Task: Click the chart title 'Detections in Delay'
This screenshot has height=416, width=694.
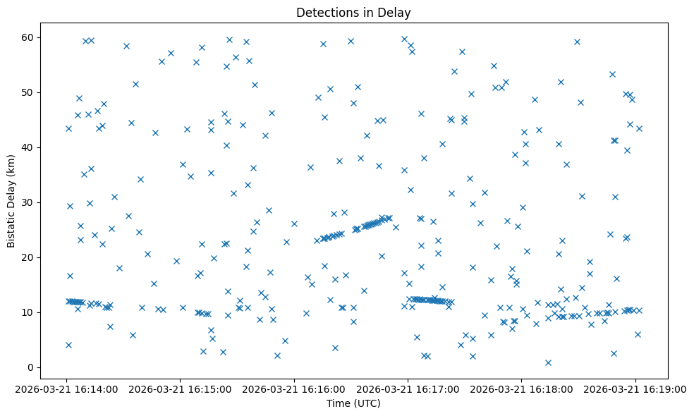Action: pos(353,12)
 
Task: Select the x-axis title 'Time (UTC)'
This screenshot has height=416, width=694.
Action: pos(353,403)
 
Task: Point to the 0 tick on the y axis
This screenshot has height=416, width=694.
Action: pos(31,367)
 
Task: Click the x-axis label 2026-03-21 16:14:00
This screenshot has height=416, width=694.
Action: pos(66,389)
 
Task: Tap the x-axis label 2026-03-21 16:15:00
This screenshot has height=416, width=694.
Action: pos(180,389)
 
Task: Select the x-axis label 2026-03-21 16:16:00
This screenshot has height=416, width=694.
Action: pos(294,389)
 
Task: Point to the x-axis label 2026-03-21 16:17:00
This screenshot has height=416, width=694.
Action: pos(408,389)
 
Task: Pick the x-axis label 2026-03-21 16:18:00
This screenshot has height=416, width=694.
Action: pos(522,389)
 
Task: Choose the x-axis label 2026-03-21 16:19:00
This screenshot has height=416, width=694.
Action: pos(635,389)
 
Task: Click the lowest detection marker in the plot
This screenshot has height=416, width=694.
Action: pos(548,362)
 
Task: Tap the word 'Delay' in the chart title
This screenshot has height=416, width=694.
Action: pos(397,12)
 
